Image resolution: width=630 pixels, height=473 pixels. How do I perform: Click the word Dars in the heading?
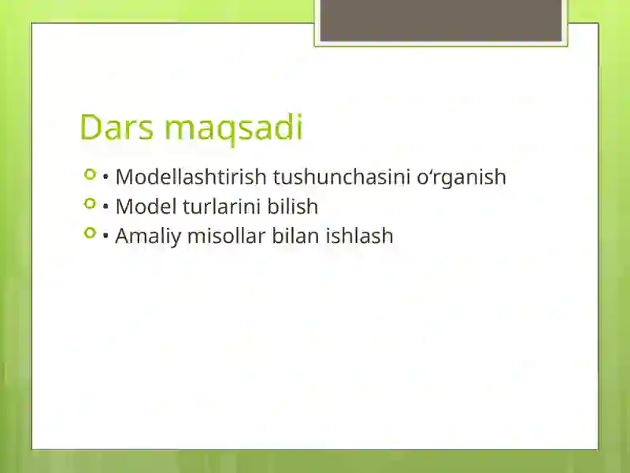115,128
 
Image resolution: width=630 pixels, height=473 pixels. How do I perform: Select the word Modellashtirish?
191,177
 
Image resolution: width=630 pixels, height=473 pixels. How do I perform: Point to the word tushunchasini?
341,177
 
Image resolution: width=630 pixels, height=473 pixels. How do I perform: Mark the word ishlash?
359,236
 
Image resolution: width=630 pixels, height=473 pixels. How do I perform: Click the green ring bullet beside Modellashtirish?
90,173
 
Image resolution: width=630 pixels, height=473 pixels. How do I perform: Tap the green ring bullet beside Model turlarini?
90,203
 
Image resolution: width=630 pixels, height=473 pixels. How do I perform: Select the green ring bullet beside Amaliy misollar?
90,233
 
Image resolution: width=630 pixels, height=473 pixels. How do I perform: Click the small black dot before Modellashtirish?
106,177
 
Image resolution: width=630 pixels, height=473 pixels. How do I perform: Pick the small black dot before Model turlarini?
106,207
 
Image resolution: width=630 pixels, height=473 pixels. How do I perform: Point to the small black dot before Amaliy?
106,236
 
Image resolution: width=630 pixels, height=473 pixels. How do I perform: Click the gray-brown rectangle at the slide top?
441,20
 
